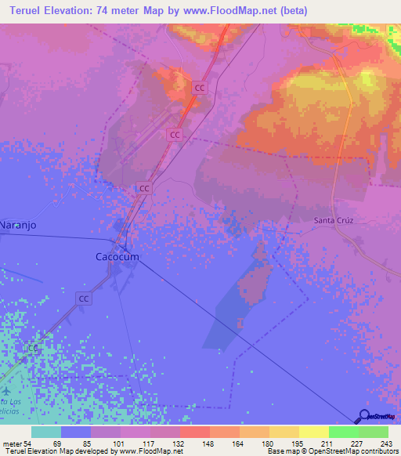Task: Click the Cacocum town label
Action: coord(117,256)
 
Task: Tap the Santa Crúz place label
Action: coord(335,220)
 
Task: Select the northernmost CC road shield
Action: coord(200,89)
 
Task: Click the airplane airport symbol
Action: coord(7,389)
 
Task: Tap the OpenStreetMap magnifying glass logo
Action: coord(365,416)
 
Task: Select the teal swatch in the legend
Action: coord(46,432)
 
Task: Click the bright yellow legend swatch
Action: coord(313,432)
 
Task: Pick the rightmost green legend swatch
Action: coord(373,432)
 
